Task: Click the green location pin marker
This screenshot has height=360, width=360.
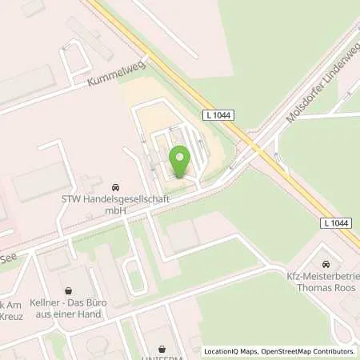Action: pyautogui.click(x=180, y=162)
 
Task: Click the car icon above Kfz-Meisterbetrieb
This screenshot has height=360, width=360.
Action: pyautogui.click(x=325, y=263)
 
